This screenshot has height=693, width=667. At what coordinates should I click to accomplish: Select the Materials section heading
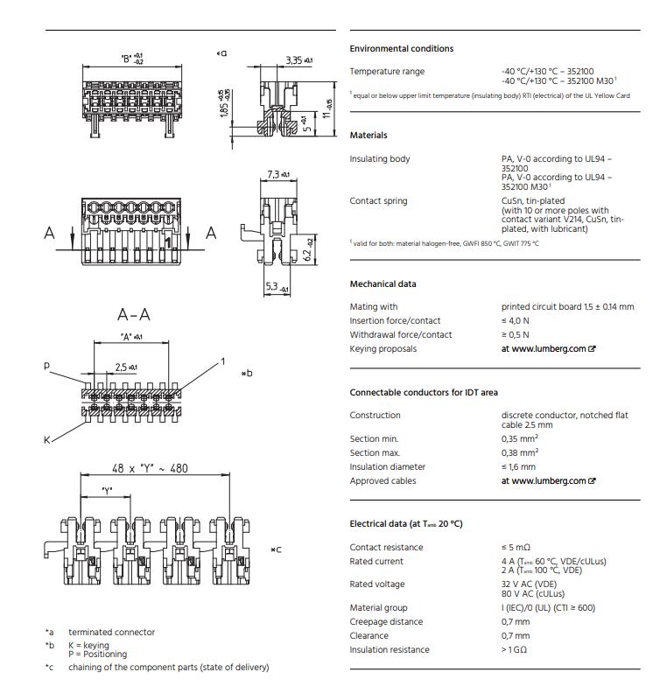[368, 136]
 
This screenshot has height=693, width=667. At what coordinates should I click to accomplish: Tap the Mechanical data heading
[383, 284]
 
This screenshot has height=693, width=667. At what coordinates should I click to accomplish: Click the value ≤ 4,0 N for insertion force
[515, 321]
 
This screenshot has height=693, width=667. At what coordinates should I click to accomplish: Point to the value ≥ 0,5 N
[515, 335]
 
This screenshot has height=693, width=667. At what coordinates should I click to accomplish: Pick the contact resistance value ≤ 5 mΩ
[517, 548]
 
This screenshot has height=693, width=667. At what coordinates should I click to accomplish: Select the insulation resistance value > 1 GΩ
[515, 650]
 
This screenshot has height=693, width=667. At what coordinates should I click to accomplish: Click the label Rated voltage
[377, 584]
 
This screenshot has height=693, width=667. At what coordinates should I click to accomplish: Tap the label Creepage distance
[385, 621]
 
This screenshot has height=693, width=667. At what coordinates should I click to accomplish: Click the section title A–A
[133, 315]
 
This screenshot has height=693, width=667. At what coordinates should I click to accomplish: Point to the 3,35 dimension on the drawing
[297, 59]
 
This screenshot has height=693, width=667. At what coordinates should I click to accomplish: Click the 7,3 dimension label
[277, 175]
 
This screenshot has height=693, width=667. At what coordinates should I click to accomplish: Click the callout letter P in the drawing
[47, 367]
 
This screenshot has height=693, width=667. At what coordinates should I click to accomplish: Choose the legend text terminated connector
[111, 632]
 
